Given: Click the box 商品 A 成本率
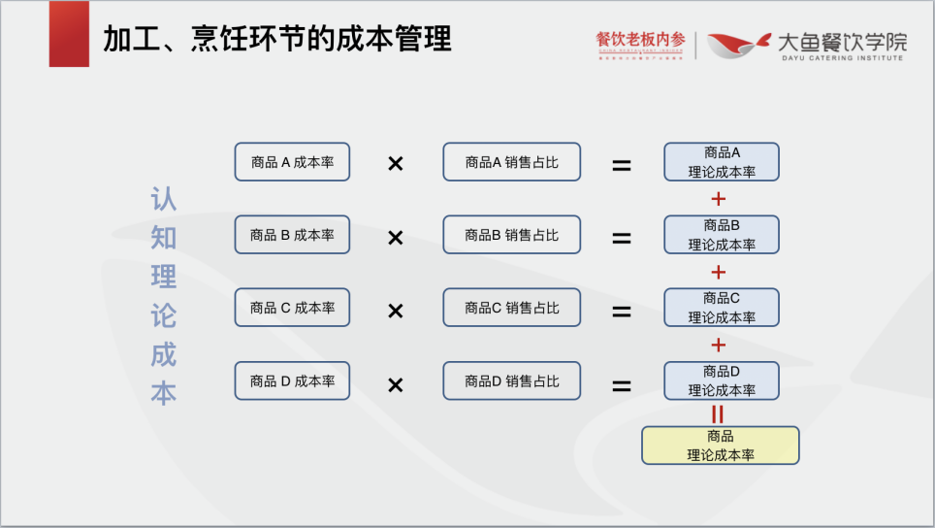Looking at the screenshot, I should click(x=292, y=162).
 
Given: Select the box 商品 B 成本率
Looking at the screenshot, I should click(x=292, y=235).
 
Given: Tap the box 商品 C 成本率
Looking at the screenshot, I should click(x=292, y=308).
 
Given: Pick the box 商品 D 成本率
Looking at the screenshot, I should click(x=292, y=380).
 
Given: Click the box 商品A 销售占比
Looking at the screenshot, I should click(x=511, y=162).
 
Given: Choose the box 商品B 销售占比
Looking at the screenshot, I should click(x=511, y=235).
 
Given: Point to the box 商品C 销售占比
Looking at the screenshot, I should click(x=511, y=308).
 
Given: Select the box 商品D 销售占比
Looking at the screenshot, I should click(x=511, y=380).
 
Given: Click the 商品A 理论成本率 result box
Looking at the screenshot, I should click(x=722, y=162).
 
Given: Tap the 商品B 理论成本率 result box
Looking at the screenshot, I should click(x=722, y=235).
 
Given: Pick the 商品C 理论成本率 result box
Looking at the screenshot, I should click(x=722, y=308).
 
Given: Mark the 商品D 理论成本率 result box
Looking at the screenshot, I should click(x=722, y=380).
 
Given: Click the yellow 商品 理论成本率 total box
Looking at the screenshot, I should click(x=721, y=445).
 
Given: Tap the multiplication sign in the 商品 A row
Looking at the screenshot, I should click(x=395, y=164).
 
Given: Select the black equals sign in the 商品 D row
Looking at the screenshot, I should click(x=621, y=385).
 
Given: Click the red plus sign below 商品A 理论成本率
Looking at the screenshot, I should click(x=719, y=199).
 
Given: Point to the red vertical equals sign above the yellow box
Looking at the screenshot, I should click(x=718, y=413).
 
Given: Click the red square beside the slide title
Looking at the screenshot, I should click(x=69, y=34).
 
